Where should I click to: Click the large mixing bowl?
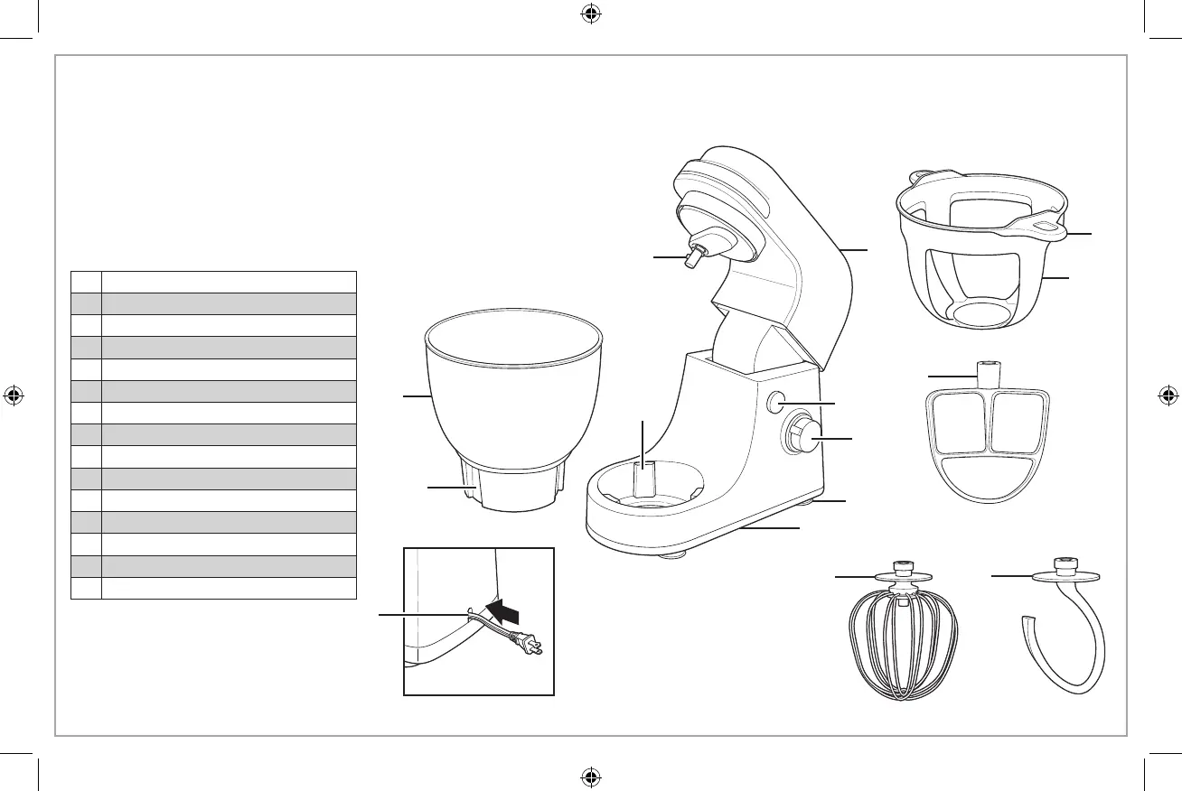coord(512,397)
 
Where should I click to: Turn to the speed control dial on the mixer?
coord(802,437)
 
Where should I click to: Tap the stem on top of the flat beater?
coord(989,371)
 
